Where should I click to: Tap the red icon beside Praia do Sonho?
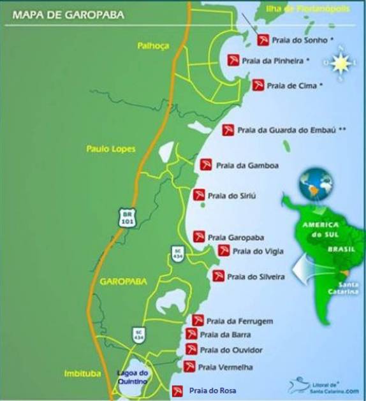[263, 40]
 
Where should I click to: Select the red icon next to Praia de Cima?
[258, 85]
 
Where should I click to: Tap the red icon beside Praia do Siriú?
[199, 194]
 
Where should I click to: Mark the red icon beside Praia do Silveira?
[219, 277]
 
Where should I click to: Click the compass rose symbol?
[338, 61]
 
